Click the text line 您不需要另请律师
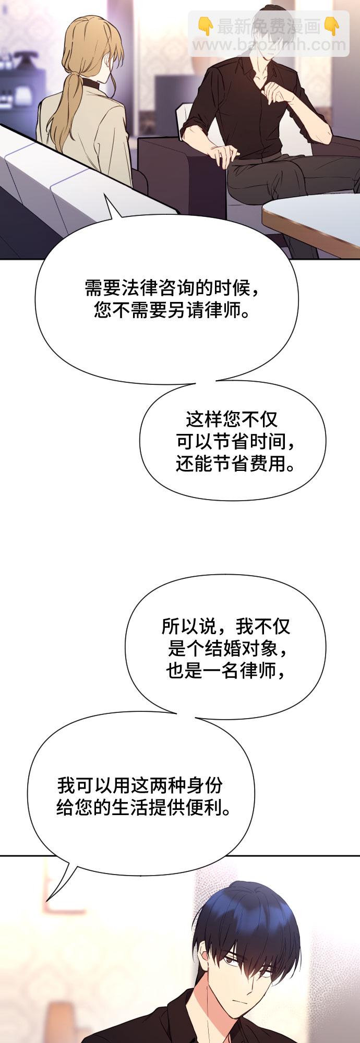[171, 311]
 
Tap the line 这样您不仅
[232, 419]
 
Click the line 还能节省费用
[235, 464]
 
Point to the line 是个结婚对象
[227, 648]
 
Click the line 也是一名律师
[226, 671]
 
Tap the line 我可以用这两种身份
[140, 785]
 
